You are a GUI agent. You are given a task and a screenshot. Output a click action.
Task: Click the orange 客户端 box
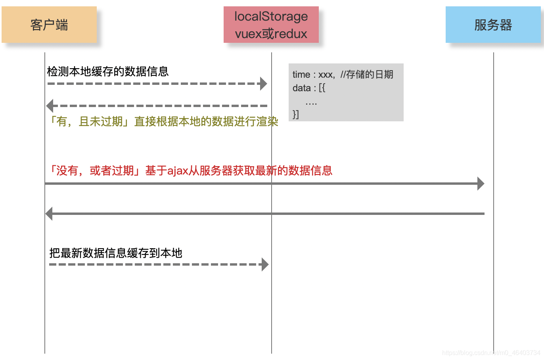point(49,25)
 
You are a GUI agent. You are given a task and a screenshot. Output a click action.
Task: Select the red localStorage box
point(271,25)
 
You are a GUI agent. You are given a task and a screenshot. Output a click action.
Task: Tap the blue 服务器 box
point(493,25)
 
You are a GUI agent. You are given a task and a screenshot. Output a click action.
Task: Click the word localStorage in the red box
point(271,16)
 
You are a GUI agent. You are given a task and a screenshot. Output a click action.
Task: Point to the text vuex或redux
point(271,34)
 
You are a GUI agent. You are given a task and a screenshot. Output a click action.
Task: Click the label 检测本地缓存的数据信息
point(108,71)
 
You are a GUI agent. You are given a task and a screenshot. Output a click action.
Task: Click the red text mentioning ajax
point(190,170)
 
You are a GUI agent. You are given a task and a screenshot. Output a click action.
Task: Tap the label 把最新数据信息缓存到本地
point(116,253)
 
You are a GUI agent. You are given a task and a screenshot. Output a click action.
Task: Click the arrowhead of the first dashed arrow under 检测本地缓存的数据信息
point(264,84)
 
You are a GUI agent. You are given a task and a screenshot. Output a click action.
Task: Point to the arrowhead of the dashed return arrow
point(50,106)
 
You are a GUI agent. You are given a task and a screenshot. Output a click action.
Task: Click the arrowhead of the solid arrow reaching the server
point(481,184)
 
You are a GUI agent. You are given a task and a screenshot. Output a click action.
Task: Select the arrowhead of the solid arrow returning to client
point(49,214)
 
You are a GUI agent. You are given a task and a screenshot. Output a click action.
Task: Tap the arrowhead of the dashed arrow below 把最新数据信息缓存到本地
point(265,264)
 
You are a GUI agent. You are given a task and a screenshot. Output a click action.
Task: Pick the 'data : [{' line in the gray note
point(309,88)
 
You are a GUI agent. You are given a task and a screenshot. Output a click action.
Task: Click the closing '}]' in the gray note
point(296,115)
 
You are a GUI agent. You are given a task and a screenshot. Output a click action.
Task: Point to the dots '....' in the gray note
point(311,103)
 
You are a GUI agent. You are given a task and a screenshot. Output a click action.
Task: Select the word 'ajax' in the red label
point(178,171)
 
